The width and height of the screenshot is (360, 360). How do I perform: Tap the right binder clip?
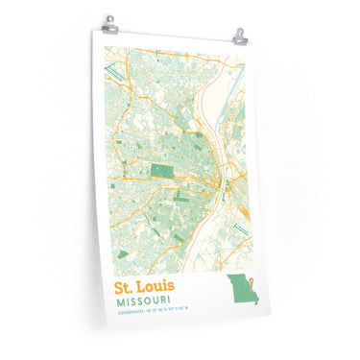[x=239, y=36]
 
